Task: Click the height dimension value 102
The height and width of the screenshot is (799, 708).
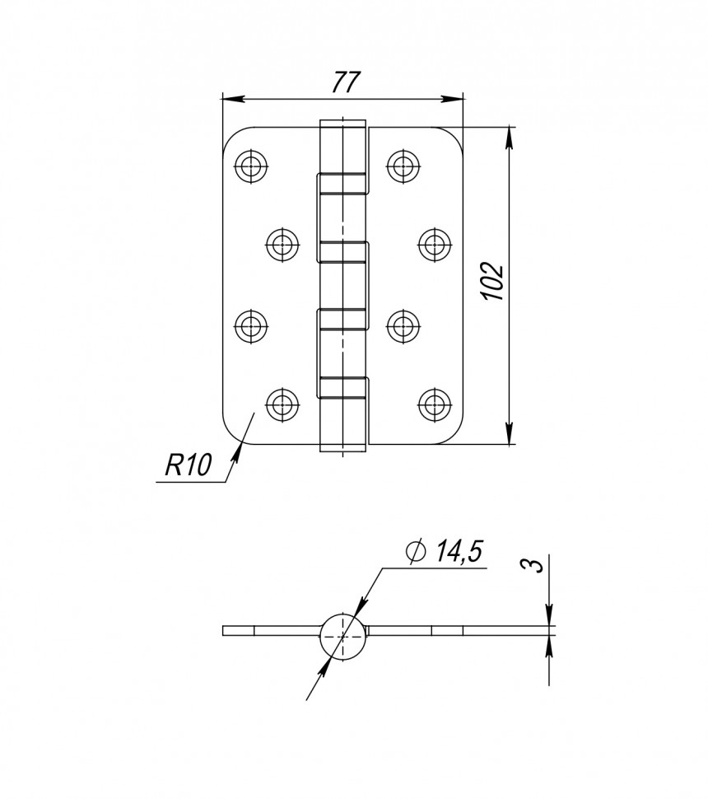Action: coord(491,282)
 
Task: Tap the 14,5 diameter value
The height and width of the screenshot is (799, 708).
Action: coord(458,552)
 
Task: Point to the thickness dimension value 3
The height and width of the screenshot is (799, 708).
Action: coord(533,566)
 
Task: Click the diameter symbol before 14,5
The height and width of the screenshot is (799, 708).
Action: coord(416,552)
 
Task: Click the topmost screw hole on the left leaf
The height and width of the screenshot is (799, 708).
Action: coord(250,166)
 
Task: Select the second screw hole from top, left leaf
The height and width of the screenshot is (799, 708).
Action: coord(282,244)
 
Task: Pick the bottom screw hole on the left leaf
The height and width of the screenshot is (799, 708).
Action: coord(282,404)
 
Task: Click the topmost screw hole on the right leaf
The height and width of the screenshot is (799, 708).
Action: coord(402,166)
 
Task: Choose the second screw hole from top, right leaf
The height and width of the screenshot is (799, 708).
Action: coord(434,244)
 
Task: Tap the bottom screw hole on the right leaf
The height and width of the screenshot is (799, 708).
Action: coord(434,404)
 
